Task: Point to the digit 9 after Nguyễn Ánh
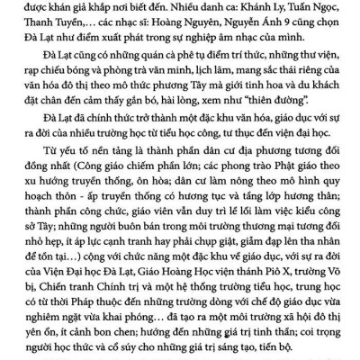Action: tap(310, 27)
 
